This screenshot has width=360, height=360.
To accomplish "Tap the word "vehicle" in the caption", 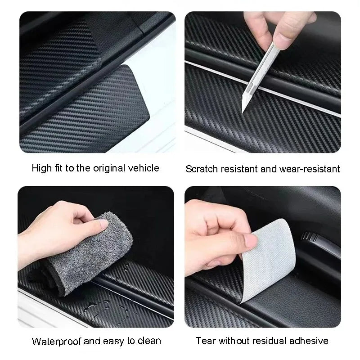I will click(x=143, y=168).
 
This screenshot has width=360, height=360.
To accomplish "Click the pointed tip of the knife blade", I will click(x=243, y=111).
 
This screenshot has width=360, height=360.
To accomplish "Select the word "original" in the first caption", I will click(x=107, y=168).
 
